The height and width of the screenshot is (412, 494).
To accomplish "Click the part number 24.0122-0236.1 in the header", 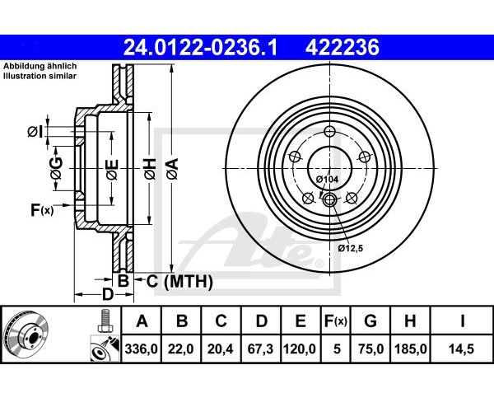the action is (200, 47).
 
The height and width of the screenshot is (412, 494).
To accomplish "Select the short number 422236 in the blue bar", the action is (343, 47).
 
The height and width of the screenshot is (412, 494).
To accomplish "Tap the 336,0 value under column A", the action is (141, 349).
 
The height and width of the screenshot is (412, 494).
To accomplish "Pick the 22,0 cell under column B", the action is (181, 349).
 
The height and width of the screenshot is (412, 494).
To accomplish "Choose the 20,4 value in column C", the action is (220, 349).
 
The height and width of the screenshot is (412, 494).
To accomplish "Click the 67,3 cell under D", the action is (260, 349).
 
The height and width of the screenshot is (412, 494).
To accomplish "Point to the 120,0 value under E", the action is (300, 349).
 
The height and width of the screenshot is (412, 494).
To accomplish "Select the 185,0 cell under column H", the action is (411, 349).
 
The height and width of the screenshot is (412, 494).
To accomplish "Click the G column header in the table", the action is (370, 321).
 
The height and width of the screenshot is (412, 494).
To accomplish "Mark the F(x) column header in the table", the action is (336, 321).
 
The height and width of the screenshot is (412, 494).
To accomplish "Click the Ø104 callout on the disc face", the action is (327, 180).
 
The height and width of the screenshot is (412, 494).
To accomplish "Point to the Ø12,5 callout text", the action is (351, 248).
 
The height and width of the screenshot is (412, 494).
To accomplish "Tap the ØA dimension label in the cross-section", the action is (173, 169).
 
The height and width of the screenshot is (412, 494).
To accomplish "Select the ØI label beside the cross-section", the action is (35, 132).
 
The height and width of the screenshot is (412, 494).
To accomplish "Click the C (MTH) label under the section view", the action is (179, 281).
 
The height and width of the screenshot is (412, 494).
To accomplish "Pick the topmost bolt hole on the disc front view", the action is (329, 131).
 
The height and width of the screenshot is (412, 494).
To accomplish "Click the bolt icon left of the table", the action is (105, 321).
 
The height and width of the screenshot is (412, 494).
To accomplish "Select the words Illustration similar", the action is (40, 76).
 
